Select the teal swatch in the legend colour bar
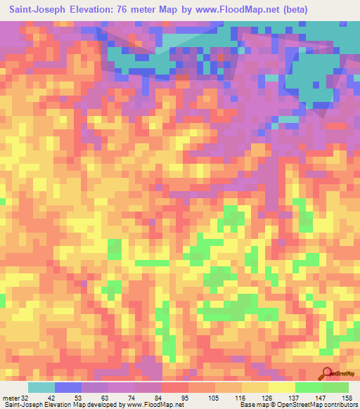tap(41, 387)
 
